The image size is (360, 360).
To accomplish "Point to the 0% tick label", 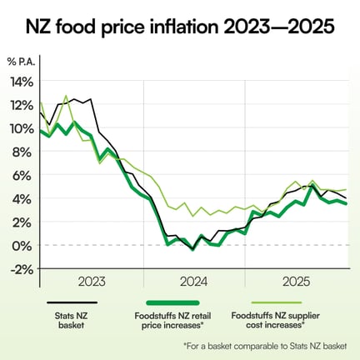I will pos(23,245).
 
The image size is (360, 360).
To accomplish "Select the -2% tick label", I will pos(21,268).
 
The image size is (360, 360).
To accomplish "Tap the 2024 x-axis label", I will pos(194,282).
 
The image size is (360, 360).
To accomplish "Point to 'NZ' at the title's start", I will pos(39,27).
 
